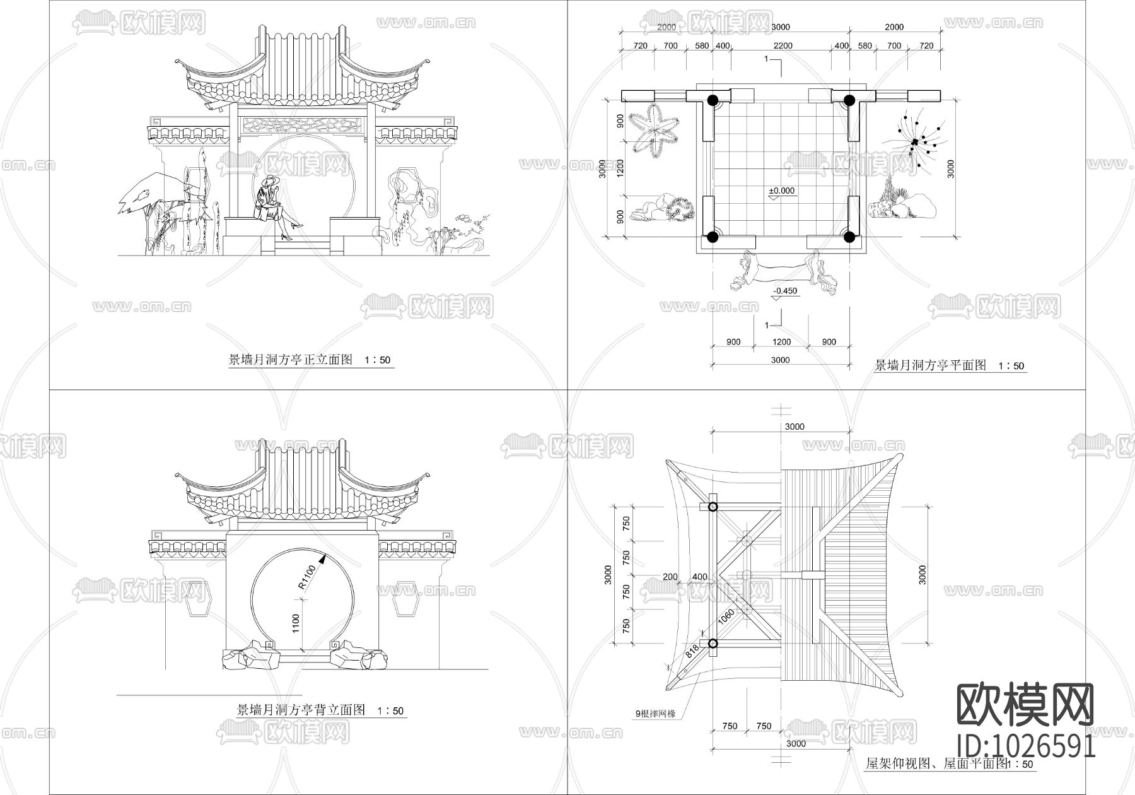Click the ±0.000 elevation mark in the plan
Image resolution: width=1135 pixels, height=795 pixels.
(x=782, y=191)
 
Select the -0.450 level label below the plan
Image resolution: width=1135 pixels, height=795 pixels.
(x=784, y=291)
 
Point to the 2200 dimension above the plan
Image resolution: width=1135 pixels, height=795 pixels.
(x=783, y=45)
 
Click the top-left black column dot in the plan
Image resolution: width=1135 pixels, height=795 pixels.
(x=712, y=100)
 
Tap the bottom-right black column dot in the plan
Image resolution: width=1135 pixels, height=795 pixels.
(x=849, y=237)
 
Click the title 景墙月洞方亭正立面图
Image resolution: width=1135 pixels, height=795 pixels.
(x=290, y=360)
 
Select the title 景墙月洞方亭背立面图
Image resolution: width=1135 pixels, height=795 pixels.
(x=301, y=710)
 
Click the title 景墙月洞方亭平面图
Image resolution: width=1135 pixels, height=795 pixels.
(x=930, y=365)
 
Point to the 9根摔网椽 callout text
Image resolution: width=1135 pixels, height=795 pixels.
(x=655, y=714)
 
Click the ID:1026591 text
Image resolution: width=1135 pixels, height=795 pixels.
(x=1026, y=746)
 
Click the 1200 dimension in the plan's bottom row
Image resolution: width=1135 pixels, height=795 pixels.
(x=781, y=342)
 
